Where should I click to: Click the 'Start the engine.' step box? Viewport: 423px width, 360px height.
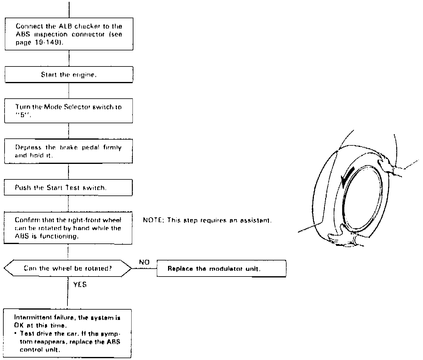click(69, 74)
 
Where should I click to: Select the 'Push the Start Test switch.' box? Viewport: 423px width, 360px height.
click(68, 188)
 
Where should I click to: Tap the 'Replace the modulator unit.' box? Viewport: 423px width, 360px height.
click(221, 269)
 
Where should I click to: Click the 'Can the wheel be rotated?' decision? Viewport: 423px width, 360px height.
click(67, 268)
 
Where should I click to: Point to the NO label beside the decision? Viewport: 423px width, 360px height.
click(144, 262)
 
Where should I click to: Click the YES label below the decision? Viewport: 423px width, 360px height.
click(80, 285)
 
